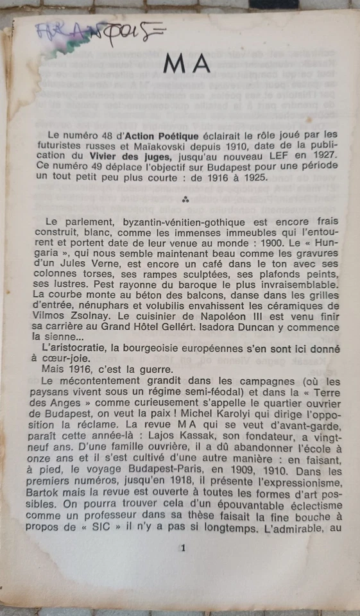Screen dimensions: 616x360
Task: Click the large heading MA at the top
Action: click(x=187, y=63)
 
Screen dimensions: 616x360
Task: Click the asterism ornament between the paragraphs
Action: click(x=186, y=200)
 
